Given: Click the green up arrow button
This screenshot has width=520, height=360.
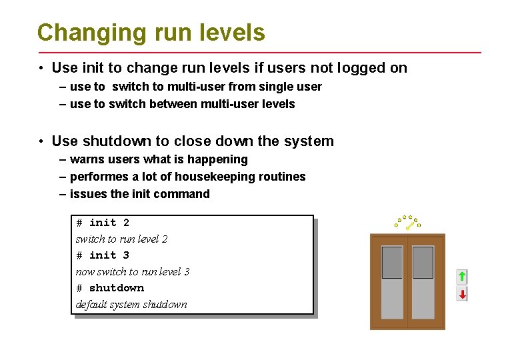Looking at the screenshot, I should [461, 276].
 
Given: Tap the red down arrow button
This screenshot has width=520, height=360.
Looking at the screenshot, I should [461, 294].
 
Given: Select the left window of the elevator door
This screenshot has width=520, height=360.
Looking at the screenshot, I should [392, 262].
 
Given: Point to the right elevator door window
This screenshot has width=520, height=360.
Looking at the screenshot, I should [423, 262].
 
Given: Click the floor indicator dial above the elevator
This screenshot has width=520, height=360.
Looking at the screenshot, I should [407, 222].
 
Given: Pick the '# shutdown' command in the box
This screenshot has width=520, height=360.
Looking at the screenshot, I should [110, 288].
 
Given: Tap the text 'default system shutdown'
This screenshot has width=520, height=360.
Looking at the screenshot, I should [131, 305].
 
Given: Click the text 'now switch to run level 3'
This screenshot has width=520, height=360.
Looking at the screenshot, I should [133, 272].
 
